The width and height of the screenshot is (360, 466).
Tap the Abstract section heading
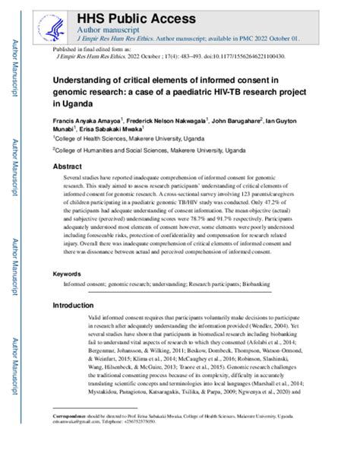click(x=68, y=165)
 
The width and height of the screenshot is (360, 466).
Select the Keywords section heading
click(x=69, y=272)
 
